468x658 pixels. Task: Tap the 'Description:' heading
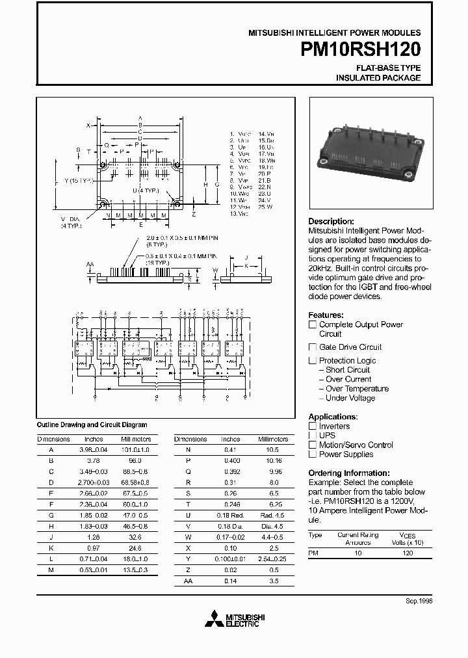(331, 221)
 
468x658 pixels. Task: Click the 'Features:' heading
(327, 314)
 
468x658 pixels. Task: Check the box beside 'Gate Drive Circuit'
(313, 347)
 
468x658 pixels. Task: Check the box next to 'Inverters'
(313, 427)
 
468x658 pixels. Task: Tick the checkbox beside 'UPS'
(313, 436)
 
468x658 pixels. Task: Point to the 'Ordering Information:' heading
(349, 473)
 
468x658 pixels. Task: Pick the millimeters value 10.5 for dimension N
(272, 449)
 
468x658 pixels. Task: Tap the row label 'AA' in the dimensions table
(188, 580)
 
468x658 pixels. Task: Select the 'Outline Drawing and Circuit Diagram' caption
(92, 425)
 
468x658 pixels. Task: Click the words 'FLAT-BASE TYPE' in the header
(388, 68)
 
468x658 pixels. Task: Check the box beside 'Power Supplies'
(313, 454)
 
